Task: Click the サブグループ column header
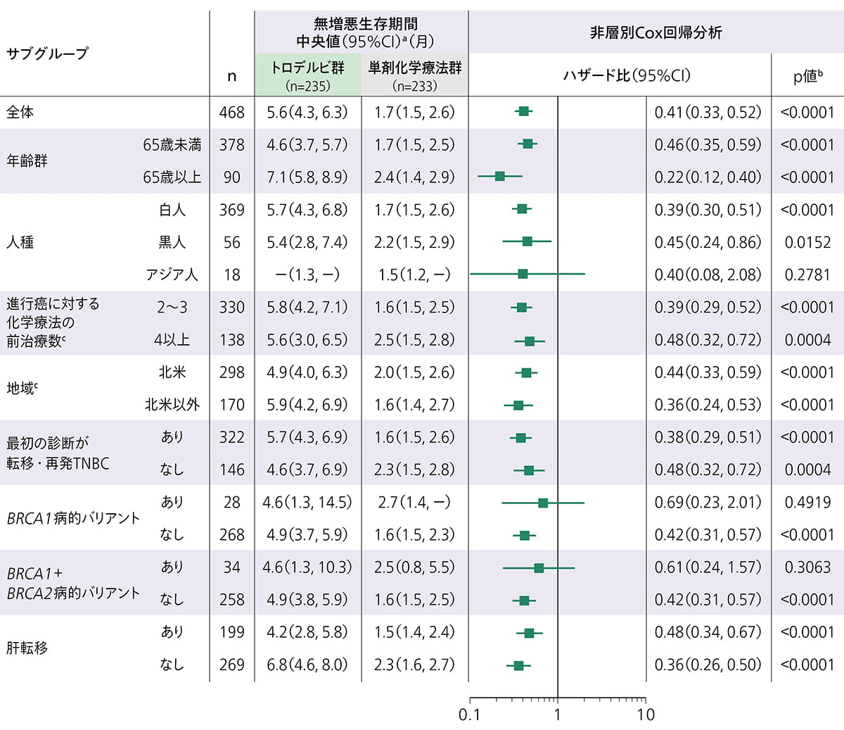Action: [x=48, y=54]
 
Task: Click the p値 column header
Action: [x=807, y=76]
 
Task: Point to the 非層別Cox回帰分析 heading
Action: [x=656, y=32]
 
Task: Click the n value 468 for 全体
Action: [x=232, y=113]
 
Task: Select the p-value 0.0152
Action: [x=807, y=242]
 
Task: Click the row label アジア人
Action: [x=172, y=275]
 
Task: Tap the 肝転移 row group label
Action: [x=27, y=648]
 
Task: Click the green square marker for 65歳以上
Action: [x=499, y=176]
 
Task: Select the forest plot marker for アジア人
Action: [x=523, y=274]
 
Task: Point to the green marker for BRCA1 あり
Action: [x=543, y=503]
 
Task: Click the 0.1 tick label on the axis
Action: [x=469, y=715]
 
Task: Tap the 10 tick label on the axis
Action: [x=646, y=715]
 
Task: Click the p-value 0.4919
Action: [x=807, y=503]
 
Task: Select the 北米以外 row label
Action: [x=172, y=405]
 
